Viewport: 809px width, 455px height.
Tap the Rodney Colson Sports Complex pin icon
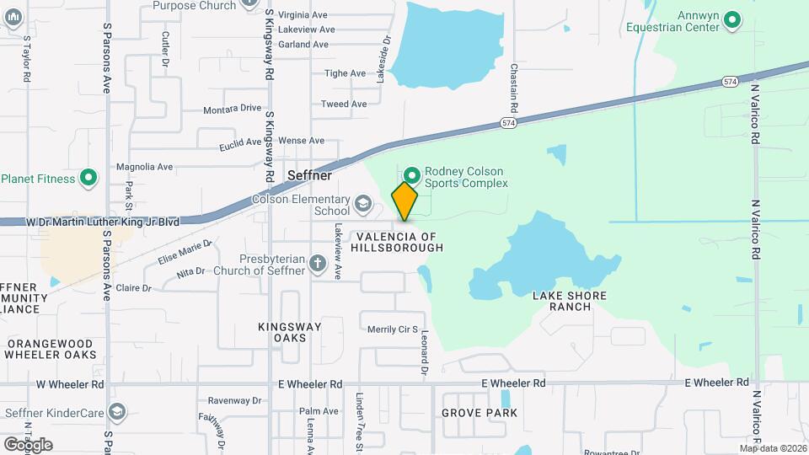[x=412, y=175]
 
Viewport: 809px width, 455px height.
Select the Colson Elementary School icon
[x=362, y=203]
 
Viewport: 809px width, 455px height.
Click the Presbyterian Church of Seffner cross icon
[x=318, y=264]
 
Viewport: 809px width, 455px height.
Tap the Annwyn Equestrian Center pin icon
[x=732, y=19]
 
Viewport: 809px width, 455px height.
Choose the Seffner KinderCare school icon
[x=118, y=412]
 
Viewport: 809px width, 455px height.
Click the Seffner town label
[x=309, y=175]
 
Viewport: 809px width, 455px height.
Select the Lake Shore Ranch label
[x=570, y=301]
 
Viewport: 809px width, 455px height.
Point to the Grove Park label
[x=480, y=413]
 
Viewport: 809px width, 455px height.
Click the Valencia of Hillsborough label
[x=398, y=242]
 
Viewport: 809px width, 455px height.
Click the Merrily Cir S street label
[x=393, y=329]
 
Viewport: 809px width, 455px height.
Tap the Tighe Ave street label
[x=346, y=73]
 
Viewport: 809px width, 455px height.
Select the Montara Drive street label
[x=233, y=109]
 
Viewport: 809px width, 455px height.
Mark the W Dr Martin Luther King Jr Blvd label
[x=103, y=222]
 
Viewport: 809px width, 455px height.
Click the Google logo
[x=28, y=444]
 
